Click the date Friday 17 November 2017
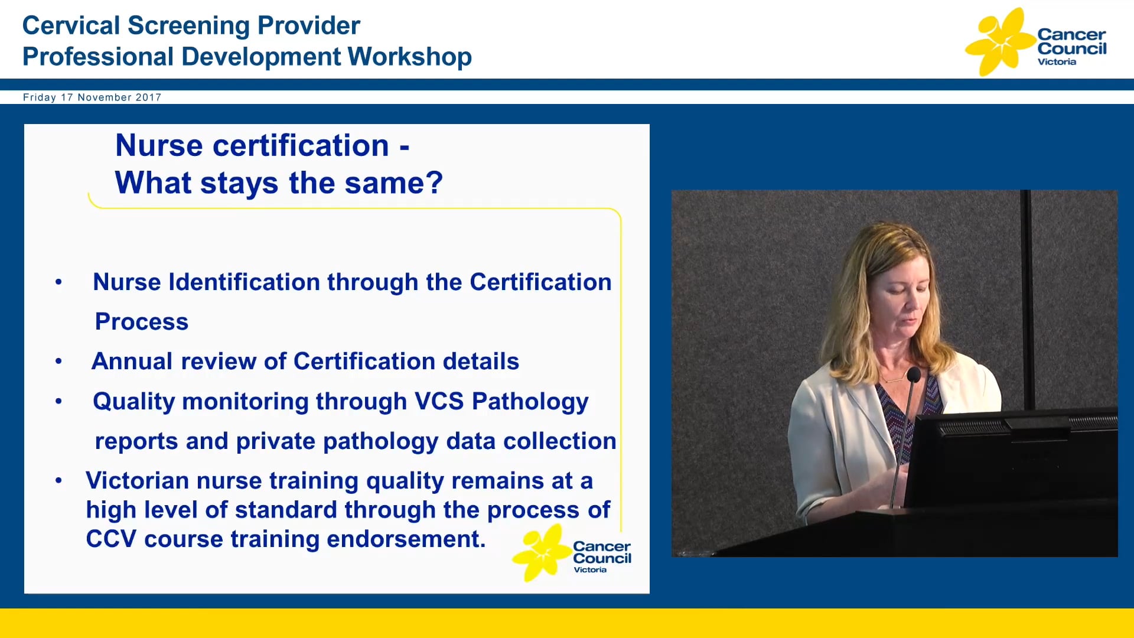(x=92, y=97)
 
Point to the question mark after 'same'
(x=435, y=183)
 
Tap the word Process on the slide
(x=141, y=322)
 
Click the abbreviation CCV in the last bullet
(x=110, y=539)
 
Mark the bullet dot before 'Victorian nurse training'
(x=58, y=481)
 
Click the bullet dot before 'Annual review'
(x=58, y=362)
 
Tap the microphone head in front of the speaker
(x=913, y=375)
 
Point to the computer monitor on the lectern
(x=1010, y=461)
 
